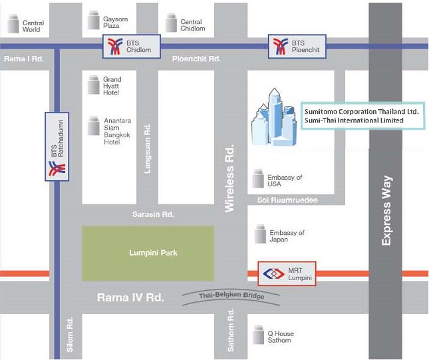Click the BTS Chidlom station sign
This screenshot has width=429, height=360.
click(130, 46)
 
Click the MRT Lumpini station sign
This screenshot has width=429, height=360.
click(286, 273)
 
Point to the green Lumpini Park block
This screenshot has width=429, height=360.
click(148, 253)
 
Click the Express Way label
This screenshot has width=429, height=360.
click(387, 210)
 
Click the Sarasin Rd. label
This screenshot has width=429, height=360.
click(152, 215)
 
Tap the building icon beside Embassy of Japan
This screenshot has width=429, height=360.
click(259, 234)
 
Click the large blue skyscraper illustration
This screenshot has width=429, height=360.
click(274, 118)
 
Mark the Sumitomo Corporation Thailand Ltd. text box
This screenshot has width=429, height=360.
click(362, 116)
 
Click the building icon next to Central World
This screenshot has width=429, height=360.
click(13, 25)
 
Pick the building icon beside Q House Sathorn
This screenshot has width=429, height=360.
click(258, 335)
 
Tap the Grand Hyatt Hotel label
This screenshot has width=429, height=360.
click(112, 86)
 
